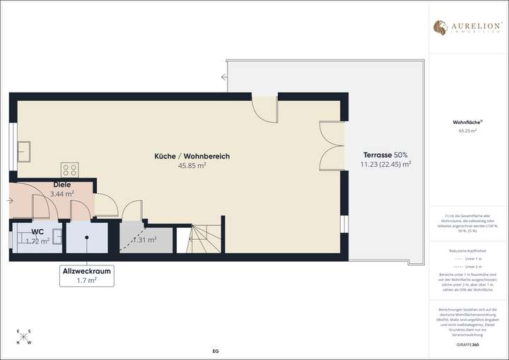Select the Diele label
[62, 185]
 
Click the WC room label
[37, 231]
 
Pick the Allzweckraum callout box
[87, 275]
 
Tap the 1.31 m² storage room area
[146, 239]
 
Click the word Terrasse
[378, 154]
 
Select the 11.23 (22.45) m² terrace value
[385, 163]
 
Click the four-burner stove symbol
[69, 169]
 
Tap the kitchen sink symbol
[24, 151]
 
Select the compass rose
[23, 337]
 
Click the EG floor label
[216, 351]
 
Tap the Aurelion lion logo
[439, 28]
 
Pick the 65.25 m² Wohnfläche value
[467, 131]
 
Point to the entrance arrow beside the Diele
[11, 201]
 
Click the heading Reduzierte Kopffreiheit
[467, 251]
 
